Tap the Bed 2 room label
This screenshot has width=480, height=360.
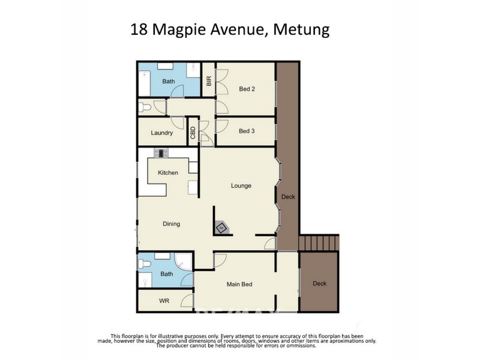click(247, 89)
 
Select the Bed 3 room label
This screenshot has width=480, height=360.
click(247, 131)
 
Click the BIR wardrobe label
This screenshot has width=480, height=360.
click(209, 80)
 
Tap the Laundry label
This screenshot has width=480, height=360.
click(162, 133)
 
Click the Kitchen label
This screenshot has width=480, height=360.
click(168, 173)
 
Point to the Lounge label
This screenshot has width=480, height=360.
click(241, 186)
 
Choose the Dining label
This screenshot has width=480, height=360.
click(171, 224)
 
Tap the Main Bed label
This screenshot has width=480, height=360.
click(238, 284)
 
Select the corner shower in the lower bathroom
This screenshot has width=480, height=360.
click(183, 262)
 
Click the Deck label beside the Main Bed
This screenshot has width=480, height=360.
click(319, 284)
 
